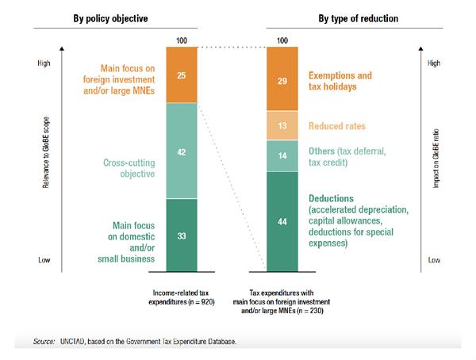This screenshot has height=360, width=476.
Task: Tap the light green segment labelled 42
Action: pyautogui.click(x=182, y=150)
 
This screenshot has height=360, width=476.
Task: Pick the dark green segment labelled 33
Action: pyautogui.click(x=182, y=235)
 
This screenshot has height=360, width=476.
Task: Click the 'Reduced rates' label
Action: pyautogui.click(x=336, y=126)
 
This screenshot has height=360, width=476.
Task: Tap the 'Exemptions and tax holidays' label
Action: pyautogui.click(x=342, y=82)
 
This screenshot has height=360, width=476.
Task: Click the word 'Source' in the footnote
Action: pyautogui.click(x=43, y=341)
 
